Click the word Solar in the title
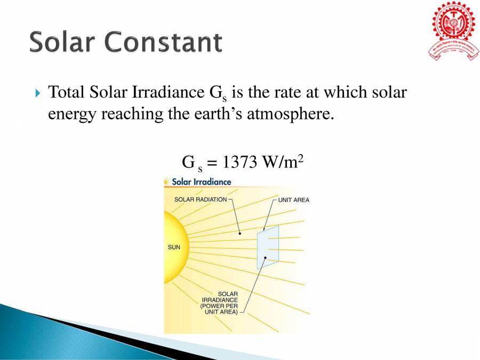click(x=62, y=42)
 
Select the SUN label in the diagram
click(x=174, y=247)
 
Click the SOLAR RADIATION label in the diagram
click(x=200, y=199)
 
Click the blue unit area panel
click(x=268, y=247)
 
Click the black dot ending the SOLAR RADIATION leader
click(x=240, y=233)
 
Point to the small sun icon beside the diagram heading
click(x=167, y=181)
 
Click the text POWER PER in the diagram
click(x=219, y=306)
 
